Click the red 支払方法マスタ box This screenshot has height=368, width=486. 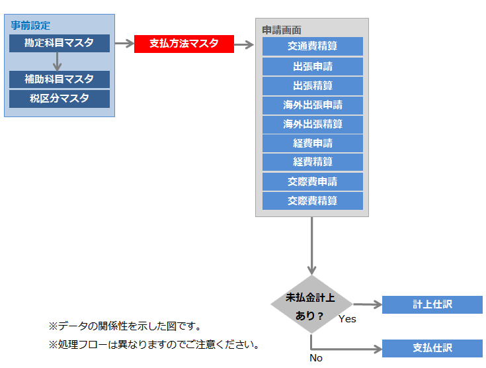[x=184, y=44]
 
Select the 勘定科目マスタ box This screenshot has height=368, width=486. [x=59, y=44]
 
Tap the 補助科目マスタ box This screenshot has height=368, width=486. [x=59, y=79]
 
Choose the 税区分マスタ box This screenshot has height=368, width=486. [x=59, y=99]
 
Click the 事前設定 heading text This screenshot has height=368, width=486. [x=30, y=25]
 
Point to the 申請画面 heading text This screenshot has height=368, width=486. [x=282, y=30]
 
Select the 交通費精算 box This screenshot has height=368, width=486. [x=312, y=46]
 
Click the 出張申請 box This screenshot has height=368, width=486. [x=312, y=67]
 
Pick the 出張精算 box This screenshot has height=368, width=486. [x=312, y=86]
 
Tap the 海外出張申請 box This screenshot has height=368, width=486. [x=312, y=105]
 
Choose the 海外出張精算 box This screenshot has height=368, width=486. [x=312, y=124]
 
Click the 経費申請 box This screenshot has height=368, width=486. [x=312, y=144]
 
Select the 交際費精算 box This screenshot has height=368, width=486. [x=312, y=201]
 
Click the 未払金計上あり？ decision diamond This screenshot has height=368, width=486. [x=311, y=305]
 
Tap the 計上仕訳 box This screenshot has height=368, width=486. [x=432, y=304]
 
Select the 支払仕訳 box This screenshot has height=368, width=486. [x=432, y=348]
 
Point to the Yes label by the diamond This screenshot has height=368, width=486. [x=347, y=319]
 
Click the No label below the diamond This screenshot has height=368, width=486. [x=316, y=358]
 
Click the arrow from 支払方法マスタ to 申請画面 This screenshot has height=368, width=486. [x=245, y=45]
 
